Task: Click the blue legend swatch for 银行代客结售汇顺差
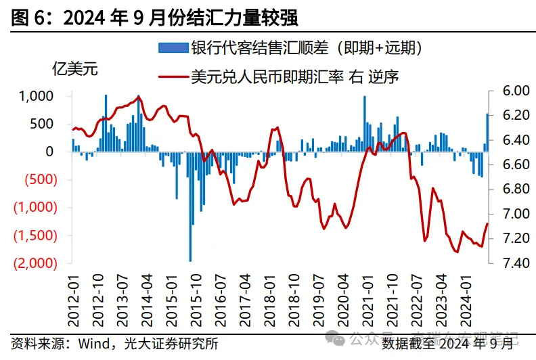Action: pyautogui.click(x=171, y=48)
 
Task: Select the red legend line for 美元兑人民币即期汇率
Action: pyautogui.click(x=171, y=76)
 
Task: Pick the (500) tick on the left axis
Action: pyautogui.click(x=38, y=180)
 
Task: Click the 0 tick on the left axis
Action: pyautogui.click(x=49, y=152)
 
